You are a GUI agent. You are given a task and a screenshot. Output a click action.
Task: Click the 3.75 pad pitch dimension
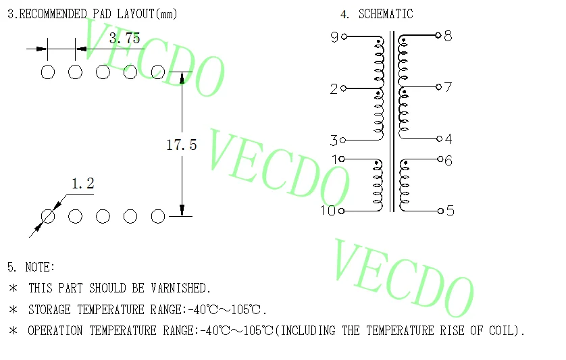(124, 38)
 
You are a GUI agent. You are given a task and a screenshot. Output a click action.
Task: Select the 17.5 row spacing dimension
(181, 145)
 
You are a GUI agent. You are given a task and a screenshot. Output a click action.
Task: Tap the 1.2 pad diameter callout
(82, 183)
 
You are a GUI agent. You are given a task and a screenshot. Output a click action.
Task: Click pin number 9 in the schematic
(334, 38)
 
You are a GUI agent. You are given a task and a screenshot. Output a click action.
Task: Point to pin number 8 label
(448, 36)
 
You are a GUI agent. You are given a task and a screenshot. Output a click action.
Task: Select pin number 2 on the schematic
(334, 89)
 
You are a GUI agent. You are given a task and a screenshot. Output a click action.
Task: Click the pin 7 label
(448, 87)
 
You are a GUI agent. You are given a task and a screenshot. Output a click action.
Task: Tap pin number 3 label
(334, 141)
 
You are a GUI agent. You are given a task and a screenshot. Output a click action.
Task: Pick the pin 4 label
(448, 140)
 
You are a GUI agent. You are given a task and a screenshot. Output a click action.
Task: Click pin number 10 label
(328, 211)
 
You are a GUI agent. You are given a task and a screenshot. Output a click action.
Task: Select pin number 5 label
(450, 211)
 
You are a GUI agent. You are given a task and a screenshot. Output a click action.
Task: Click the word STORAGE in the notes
(51, 310)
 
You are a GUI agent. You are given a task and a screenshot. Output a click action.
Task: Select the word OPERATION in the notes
(56, 331)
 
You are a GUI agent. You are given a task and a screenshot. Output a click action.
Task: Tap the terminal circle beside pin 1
(342, 159)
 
